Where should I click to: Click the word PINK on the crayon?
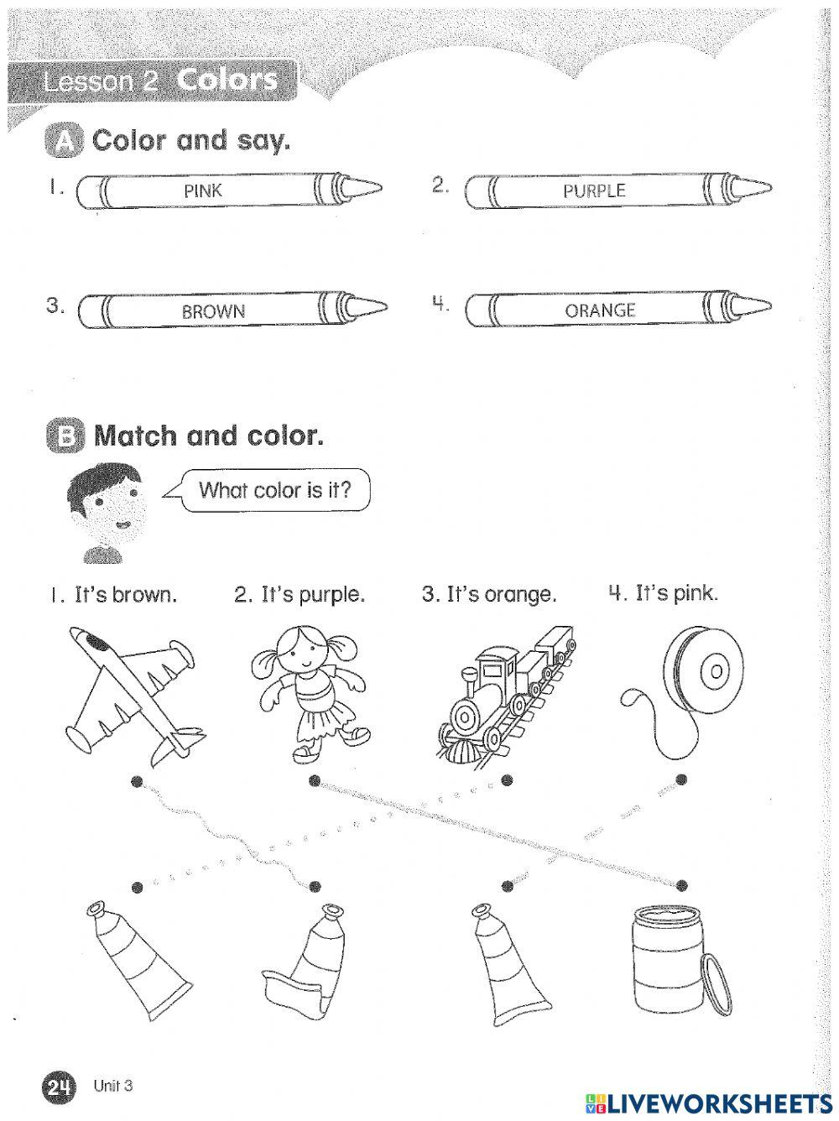[x=203, y=190]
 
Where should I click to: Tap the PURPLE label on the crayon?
[x=594, y=190]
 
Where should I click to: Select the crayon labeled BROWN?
[x=214, y=310]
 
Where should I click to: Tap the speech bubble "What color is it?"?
[x=274, y=489]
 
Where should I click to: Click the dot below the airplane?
[x=137, y=781]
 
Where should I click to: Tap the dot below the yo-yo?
[x=681, y=779]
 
